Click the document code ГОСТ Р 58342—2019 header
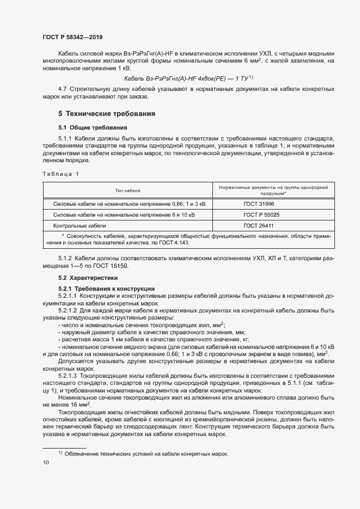pos(72,37)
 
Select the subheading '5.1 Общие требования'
pos(88,127)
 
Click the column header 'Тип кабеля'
pos(127,191)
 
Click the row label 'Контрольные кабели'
pos(79,225)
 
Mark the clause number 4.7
pos(62,89)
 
